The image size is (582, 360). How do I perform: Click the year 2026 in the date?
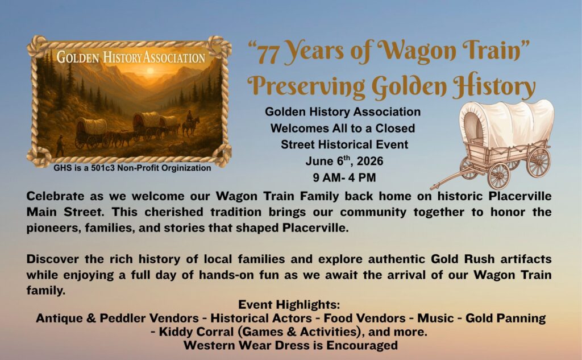pyautogui.click(x=369, y=162)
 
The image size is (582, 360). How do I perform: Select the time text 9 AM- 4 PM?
pyautogui.click(x=344, y=177)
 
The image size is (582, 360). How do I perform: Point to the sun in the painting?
pyautogui.click(x=150, y=70)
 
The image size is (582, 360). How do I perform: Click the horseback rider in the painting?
pyautogui.click(x=190, y=123)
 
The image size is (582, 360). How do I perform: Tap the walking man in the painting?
pyautogui.click(x=60, y=146)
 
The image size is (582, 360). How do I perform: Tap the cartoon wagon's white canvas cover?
pyautogui.click(x=506, y=122)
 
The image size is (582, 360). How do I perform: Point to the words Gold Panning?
pyautogui.click(x=505, y=318)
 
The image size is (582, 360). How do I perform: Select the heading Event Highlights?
pyautogui.click(x=289, y=305)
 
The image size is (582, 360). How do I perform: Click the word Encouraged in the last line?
pyautogui.click(x=362, y=345)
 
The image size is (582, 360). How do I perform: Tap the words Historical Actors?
pyautogui.click(x=261, y=318)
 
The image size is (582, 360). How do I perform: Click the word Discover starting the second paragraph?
pyautogui.click(x=52, y=259)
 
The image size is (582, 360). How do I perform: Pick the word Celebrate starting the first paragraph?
pyautogui.click(x=55, y=196)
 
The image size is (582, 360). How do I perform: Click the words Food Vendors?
pyautogui.click(x=364, y=318)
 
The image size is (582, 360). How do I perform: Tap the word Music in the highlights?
pyautogui.click(x=435, y=318)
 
